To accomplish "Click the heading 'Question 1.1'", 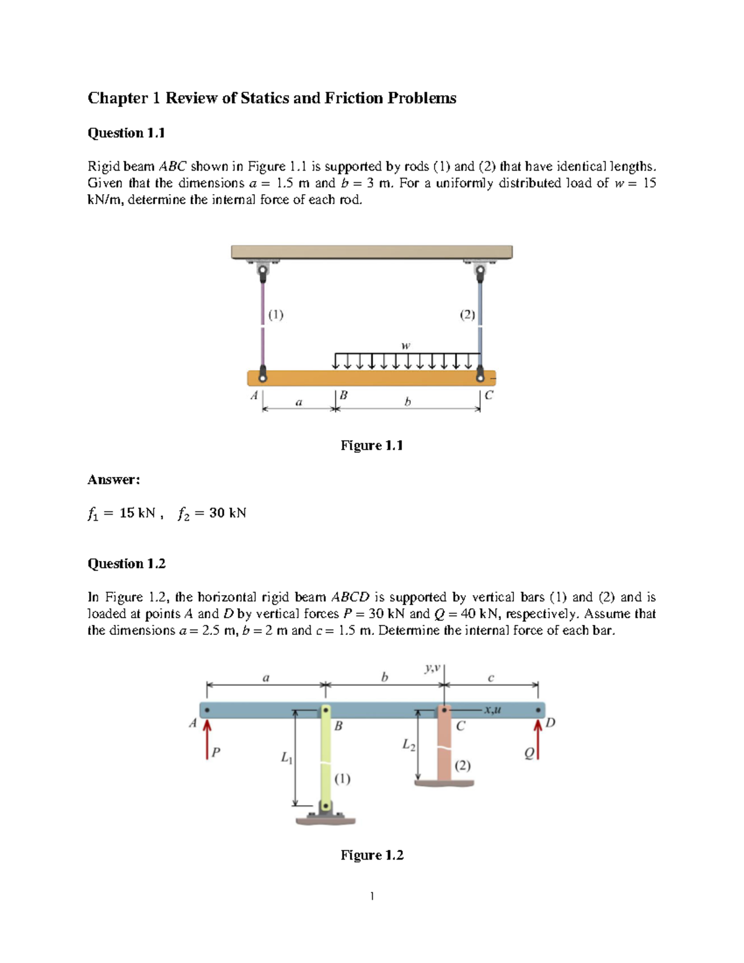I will [126, 133].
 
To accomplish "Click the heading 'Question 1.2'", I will [126, 564].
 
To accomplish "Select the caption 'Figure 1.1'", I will [371, 445].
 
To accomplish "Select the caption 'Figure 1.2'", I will [371, 855].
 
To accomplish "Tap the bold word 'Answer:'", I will [113, 479].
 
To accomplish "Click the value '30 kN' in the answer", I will [228, 513].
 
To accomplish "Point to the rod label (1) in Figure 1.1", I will [276, 314].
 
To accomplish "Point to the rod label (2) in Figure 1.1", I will [467, 314].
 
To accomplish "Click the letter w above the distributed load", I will [405, 345].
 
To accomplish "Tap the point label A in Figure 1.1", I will [254, 395].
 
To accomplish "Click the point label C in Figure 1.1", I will [489, 395].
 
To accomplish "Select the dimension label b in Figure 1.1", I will [407, 402].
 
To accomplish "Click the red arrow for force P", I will [207, 738].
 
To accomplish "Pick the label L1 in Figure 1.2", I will [286, 757].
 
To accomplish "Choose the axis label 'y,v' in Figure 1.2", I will [432, 668].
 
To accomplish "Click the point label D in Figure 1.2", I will [550, 722].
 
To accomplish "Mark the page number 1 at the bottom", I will [371, 896].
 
